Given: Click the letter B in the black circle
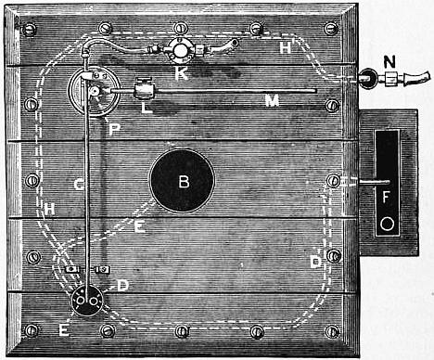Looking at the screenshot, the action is tap(184, 182).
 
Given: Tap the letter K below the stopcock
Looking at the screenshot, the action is tap(182, 73).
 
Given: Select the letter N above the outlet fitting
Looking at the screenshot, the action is tap(389, 62).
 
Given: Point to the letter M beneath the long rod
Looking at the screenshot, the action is tap(273, 100).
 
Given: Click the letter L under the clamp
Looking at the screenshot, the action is tap(147, 108).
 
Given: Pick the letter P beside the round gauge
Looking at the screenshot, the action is tap(114, 130).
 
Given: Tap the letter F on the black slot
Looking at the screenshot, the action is tap(386, 197).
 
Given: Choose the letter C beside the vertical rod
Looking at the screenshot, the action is tap(79, 185).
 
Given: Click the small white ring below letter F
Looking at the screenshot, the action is tap(387, 224).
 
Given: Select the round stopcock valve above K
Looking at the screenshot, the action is tap(180, 49).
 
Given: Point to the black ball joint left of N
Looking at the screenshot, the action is tap(368, 78).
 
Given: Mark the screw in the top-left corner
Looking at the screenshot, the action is tap(30, 30).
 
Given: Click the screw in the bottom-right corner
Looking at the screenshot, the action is tap(333, 331).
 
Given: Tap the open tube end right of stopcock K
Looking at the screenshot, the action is tap(235, 42).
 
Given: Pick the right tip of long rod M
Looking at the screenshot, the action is tap(315, 91).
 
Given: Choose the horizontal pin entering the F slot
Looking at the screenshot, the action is tap(373, 182).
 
